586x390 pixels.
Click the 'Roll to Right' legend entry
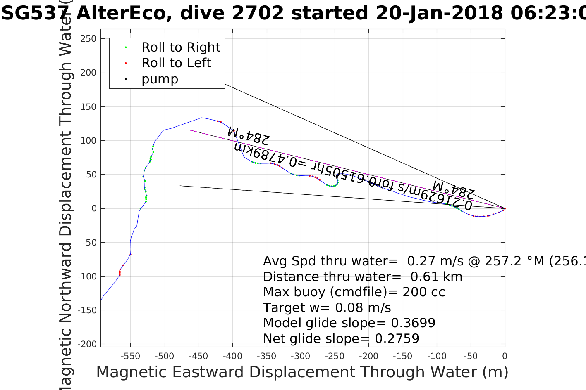pos(181,47)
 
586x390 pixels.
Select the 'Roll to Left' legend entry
pos(176,63)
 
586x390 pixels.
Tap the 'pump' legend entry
pos(160,79)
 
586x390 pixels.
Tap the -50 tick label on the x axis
pos(471,356)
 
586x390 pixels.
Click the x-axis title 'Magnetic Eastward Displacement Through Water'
pos(302,372)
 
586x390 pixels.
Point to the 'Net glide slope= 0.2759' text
pos(341,339)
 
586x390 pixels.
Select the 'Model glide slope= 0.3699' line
pos(349,323)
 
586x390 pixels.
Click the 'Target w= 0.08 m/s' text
pos(327,308)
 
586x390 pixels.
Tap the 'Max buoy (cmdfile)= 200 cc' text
pos(354,292)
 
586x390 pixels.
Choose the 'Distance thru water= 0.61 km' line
pos(363,277)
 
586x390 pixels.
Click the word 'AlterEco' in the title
pos(125,13)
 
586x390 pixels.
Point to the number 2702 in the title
pos(258,13)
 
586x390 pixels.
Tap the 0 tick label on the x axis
pos(505,356)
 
